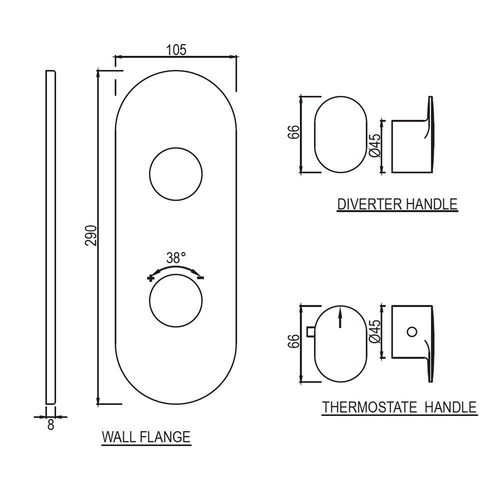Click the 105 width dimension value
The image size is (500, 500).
pyautogui.click(x=176, y=49)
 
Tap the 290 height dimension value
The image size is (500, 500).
pyautogui.click(x=90, y=235)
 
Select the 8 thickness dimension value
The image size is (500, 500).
pyautogui.click(x=50, y=425)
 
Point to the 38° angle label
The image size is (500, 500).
pyautogui.click(x=176, y=257)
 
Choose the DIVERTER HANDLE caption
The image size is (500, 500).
pyautogui.click(x=397, y=204)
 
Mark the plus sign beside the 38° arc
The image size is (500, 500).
pyautogui.click(x=151, y=277)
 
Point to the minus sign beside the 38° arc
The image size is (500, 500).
pyautogui.click(x=200, y=277)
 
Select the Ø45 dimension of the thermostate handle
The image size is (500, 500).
pyautogui.click(x=376, y=331)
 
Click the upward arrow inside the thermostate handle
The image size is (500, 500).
pyautogui.click(x=340, y=318)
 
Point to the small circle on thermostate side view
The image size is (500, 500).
pyautogui.click(x=411, y=331)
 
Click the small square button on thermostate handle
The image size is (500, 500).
pyautogui.click(x=310, y=331)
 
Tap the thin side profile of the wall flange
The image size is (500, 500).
pyautogui.click(x=50, y=237)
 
